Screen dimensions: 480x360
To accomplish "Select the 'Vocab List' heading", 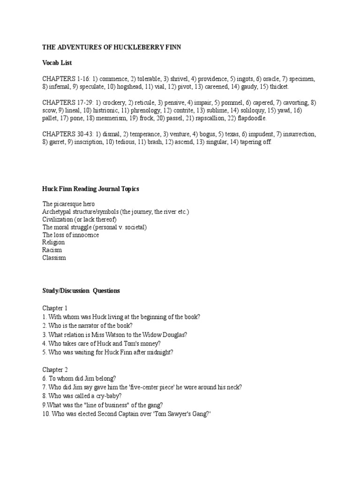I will click(57, 62).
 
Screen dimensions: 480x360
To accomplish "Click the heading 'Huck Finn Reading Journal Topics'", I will click(90, 189).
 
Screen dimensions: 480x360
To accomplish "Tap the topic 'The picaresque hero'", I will click(68, 204).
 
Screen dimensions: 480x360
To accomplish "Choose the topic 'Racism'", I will click(52, 250).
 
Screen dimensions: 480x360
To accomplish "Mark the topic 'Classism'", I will click(54, 258).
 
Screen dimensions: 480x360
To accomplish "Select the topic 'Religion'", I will click(53, 243).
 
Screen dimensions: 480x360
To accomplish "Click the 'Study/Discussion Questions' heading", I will click(81, 291).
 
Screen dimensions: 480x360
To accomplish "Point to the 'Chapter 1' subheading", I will click(55, 308).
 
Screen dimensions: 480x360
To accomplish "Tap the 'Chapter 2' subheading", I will click(55, 370).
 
